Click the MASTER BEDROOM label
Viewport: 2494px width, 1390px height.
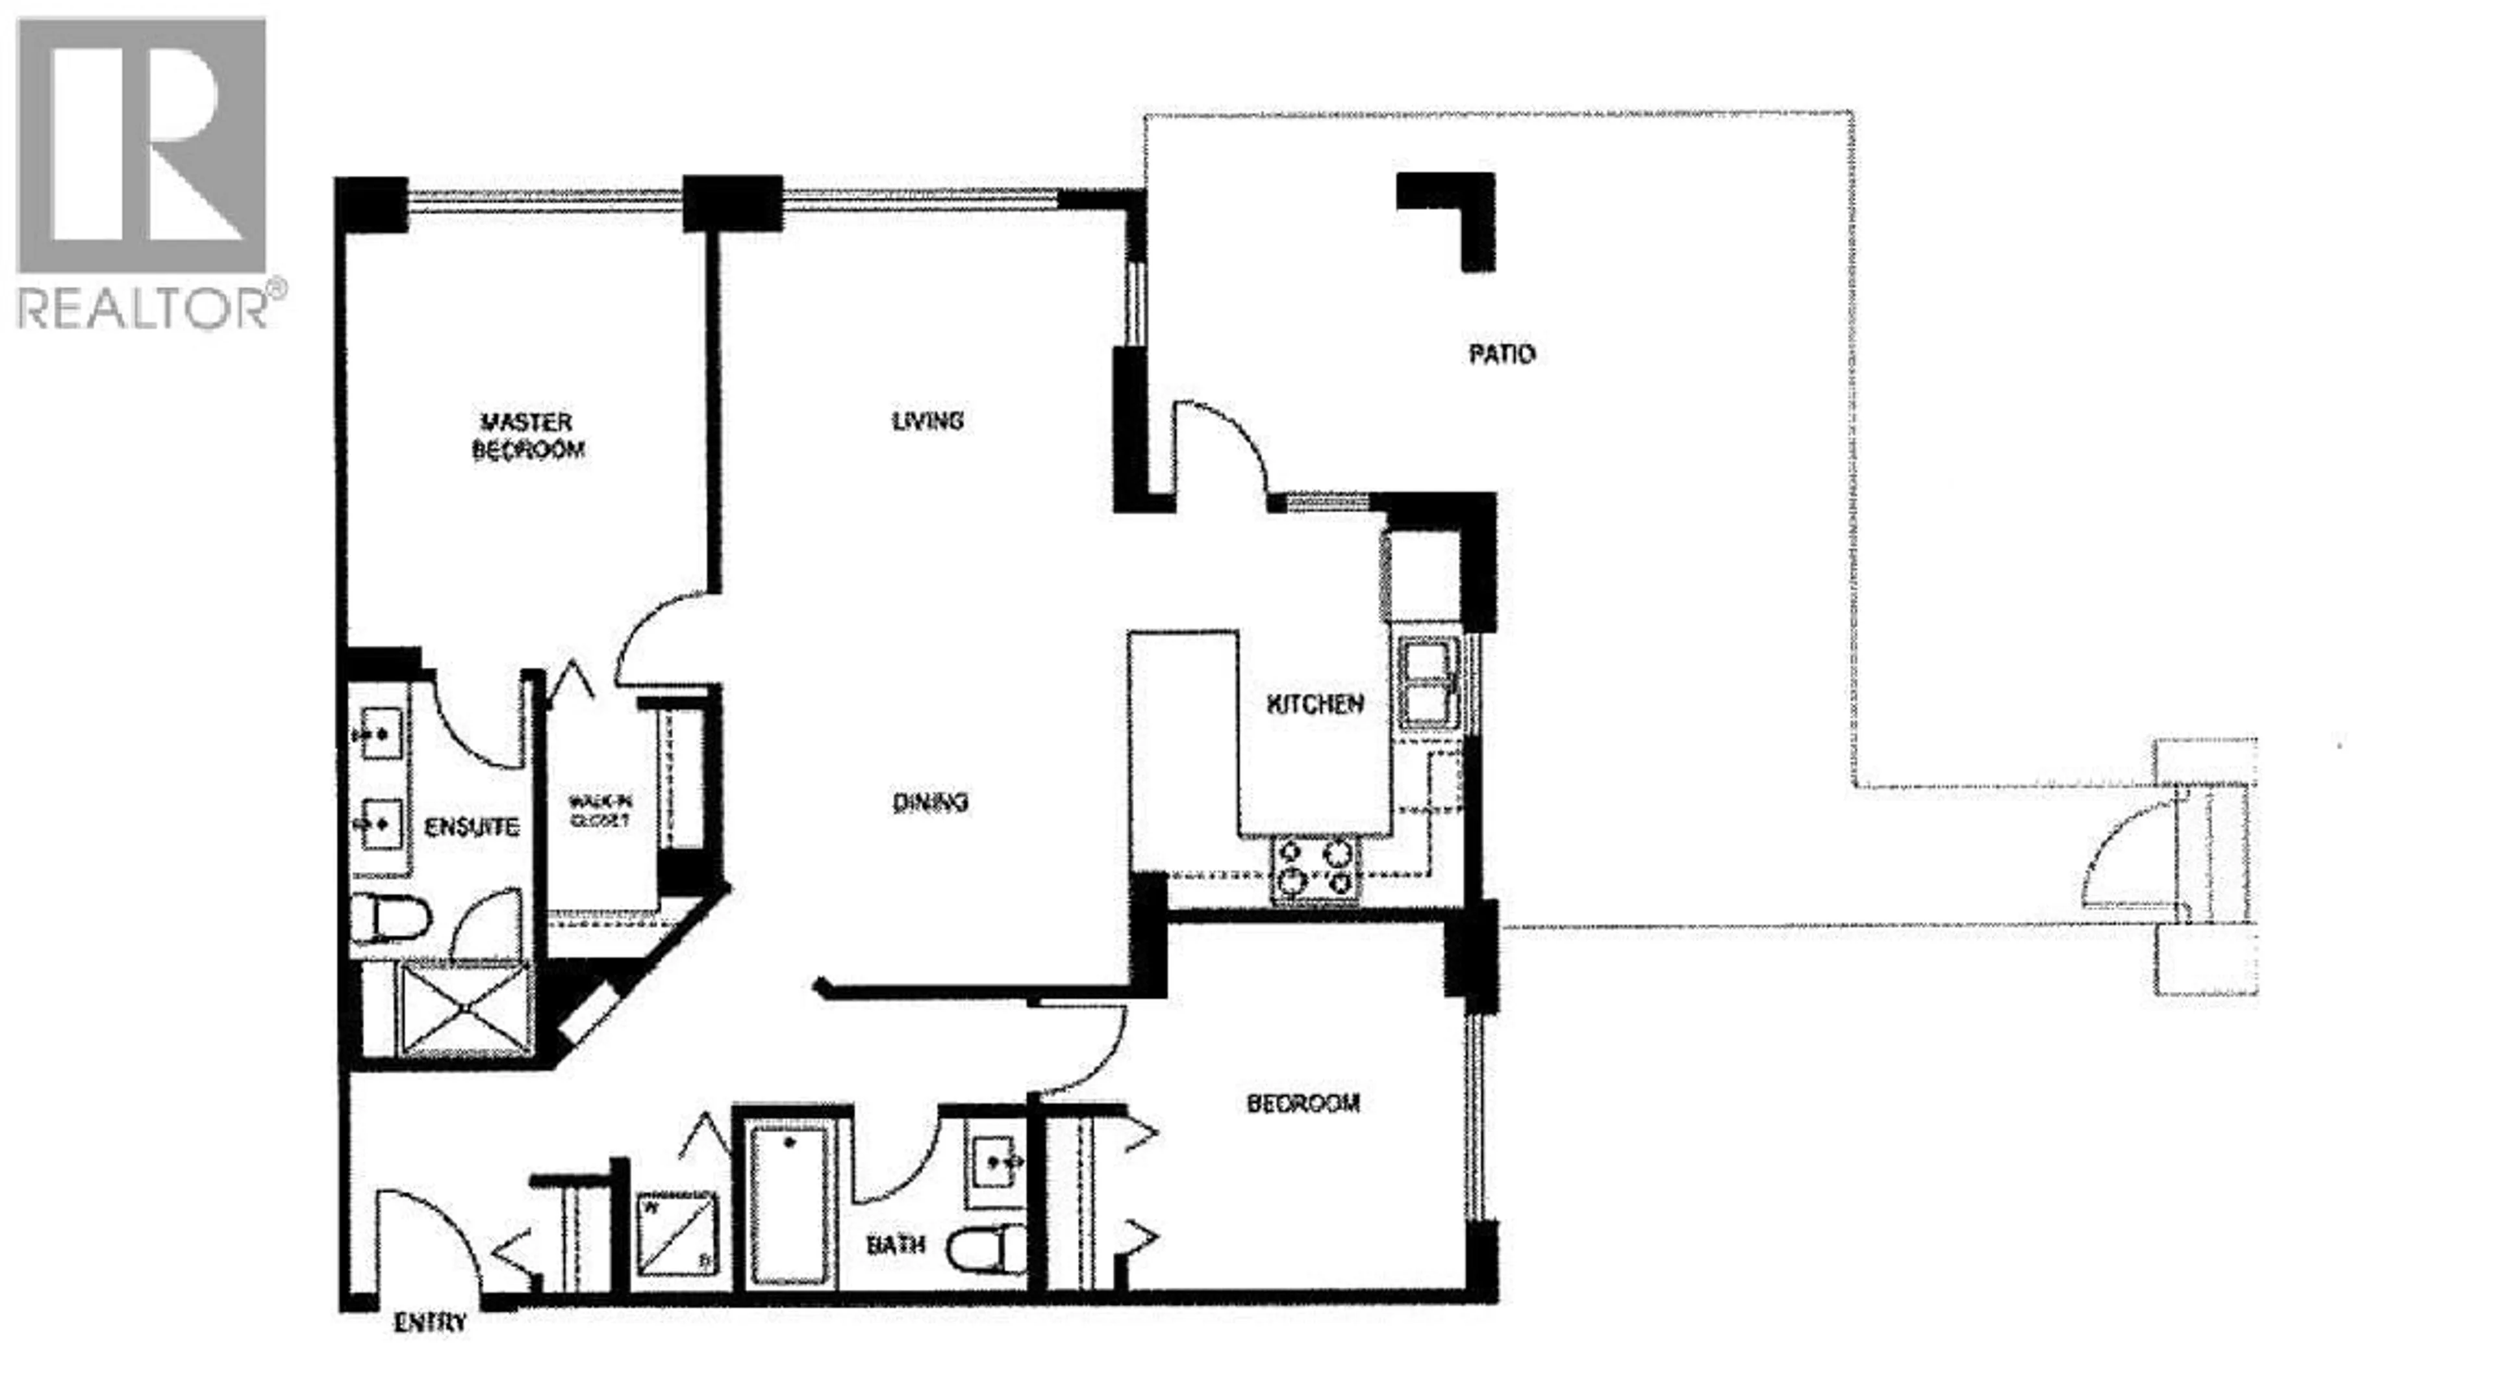tap(527, 436)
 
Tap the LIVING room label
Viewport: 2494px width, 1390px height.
tap(927, 420)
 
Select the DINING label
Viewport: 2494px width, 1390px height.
tap(929, 802)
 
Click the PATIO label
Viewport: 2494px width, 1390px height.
tap(1501, 355)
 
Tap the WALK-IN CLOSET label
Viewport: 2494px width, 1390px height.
tap(600, 811)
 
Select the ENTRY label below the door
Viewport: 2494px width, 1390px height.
tap(430, 1322)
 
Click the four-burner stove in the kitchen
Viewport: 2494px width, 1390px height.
tap(1315, 868)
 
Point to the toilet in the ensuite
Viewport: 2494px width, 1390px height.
tap(391, 916)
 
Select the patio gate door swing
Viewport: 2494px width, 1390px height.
tap(2125, 857)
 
